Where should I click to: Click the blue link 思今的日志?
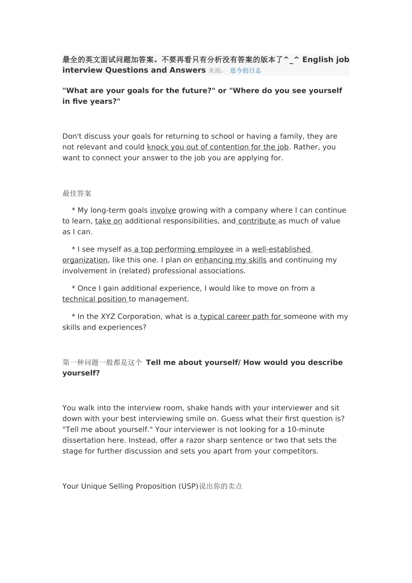point(245,71)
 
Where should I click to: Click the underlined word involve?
point(163,210)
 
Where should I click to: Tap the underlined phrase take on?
point(108,221)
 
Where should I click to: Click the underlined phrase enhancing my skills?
point(231,260)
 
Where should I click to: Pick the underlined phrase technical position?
point(95,299)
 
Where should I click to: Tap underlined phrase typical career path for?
point(241,317)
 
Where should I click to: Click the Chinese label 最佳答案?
point(77,193)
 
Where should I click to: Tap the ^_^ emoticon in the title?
point(291,59)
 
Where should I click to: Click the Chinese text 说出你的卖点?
point(220,486)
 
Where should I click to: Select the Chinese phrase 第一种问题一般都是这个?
point(102,363)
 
